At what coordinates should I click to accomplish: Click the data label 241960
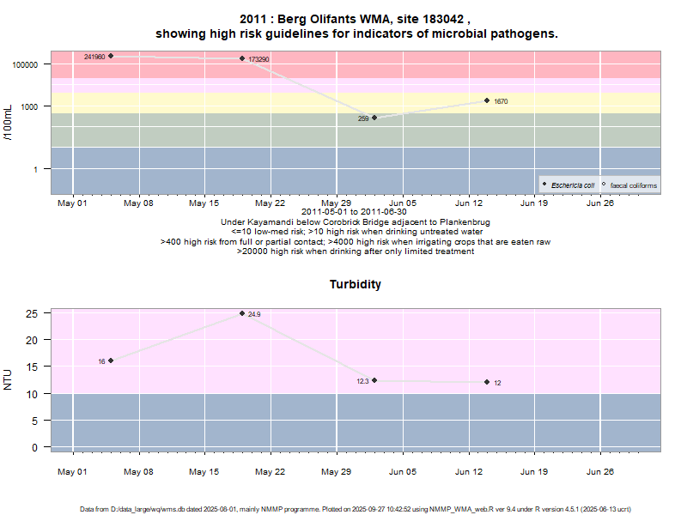(x=94, y=57)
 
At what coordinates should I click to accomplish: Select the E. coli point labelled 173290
(x=242, y=58)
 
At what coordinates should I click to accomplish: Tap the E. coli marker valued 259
(x=374, y=118)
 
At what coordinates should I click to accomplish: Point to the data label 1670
(x=501, y=101)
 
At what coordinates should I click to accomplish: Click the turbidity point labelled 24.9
(x=242, y=313)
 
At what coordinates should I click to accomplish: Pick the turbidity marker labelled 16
(x=111, y=360)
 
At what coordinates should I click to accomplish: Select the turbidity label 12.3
(x=362, y=381)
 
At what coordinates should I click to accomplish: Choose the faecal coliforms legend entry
(x=633, y=185)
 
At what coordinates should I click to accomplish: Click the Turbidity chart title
(x=356, y=284)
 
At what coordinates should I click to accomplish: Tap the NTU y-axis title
(x=9, y=379)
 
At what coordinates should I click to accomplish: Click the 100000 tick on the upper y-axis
(x=27, y=64)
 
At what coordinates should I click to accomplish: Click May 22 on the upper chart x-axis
(x=270, y=203)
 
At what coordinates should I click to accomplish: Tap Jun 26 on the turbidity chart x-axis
(x=599, y=471)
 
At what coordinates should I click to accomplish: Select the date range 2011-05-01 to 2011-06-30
(x=356, y=211)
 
